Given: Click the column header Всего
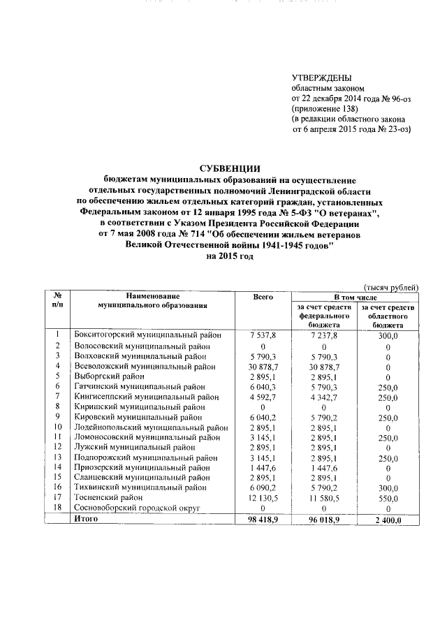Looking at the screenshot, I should (263, 297).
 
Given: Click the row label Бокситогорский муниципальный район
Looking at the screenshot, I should (149, 336).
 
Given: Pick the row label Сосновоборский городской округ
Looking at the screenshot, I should (137, 508).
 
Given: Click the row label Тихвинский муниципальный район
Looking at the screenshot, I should (140, 487).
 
